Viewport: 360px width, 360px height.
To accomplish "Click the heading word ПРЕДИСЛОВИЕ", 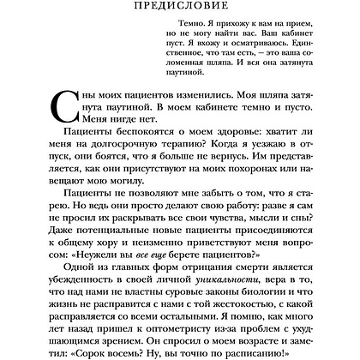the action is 180,9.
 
